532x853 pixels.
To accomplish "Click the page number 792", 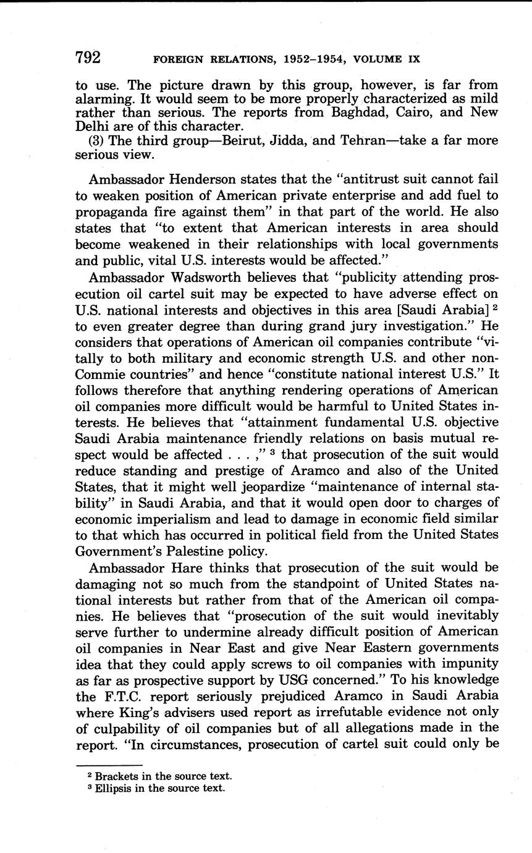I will pyautogui.click(x=88, y=57).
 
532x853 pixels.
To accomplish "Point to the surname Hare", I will pyautogui.click(x=185, y=567).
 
